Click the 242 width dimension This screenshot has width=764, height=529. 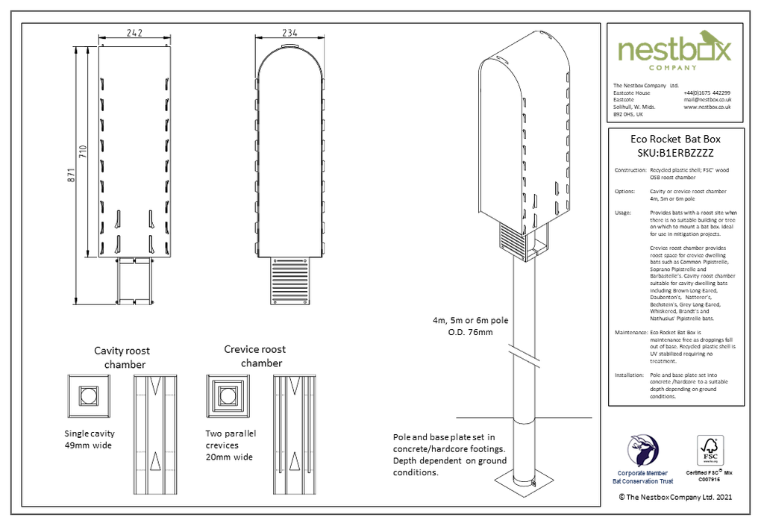point(135,33)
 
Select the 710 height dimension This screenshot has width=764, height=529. point(87,152)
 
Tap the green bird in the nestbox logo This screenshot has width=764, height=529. point(705,38)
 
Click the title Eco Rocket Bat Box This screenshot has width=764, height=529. point(675,139)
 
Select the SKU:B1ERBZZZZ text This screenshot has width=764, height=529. point(675,153)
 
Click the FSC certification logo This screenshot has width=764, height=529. point(710,452)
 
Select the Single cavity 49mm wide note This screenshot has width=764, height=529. point(90,439)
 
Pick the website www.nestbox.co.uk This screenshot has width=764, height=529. point(707,107)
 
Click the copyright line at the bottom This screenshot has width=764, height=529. point(674,496)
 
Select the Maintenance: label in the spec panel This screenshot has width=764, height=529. point(630,331)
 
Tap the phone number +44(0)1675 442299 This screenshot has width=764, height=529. point(707,93)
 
